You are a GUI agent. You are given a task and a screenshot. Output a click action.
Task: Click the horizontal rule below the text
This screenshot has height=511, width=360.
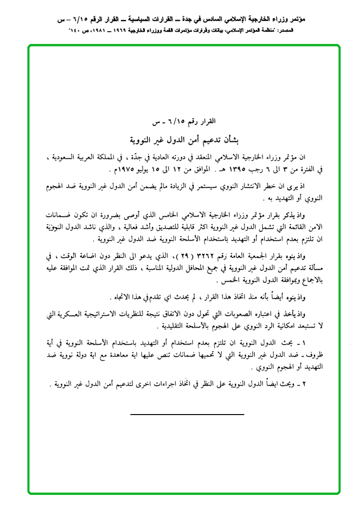pos(187,415)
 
